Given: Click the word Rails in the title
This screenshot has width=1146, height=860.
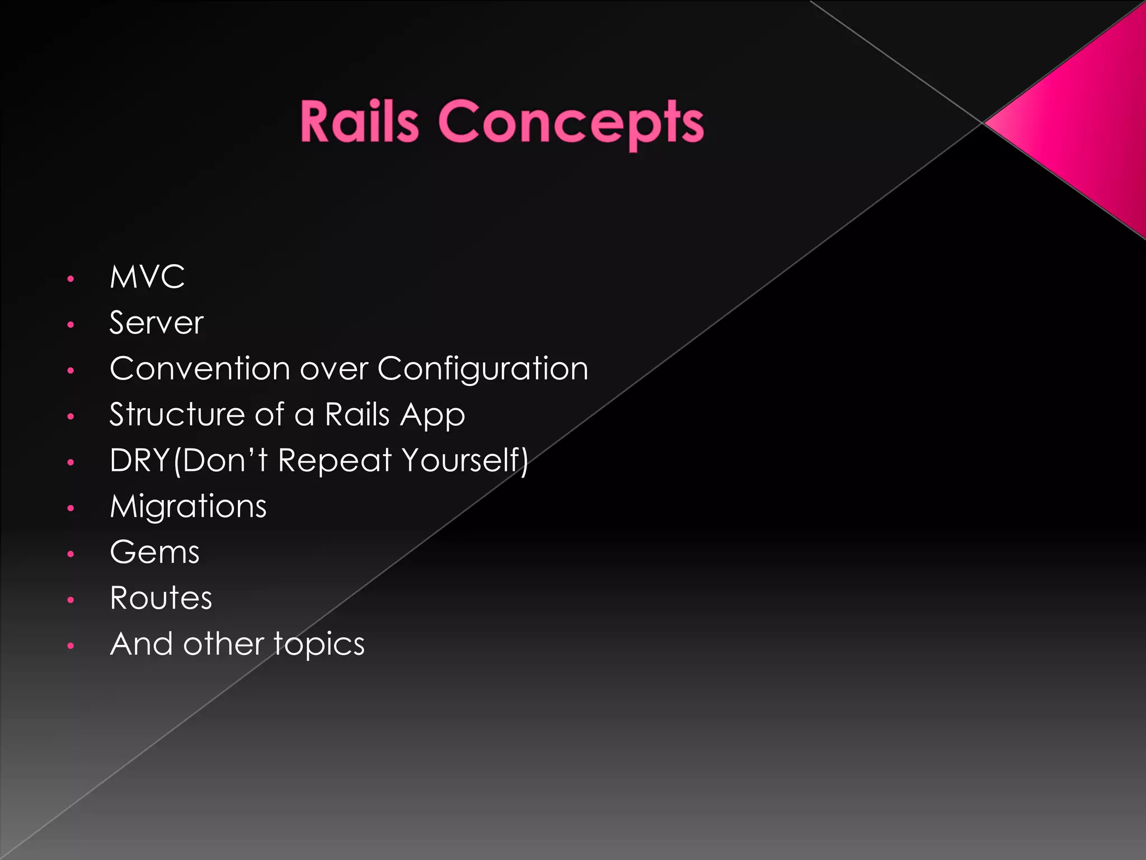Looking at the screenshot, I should [x=359, y=121].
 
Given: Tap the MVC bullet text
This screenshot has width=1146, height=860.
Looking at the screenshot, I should [x=147, y=277].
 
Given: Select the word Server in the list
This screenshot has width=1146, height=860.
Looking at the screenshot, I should [x=156, y=323].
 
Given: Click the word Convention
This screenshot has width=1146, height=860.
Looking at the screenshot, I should [x=200, y=369].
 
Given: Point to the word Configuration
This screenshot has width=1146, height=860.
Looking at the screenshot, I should [x=483, y=370].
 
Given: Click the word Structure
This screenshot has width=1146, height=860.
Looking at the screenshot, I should [x=177, y=415].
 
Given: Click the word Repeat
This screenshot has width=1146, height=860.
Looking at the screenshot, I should [x=335, y=461].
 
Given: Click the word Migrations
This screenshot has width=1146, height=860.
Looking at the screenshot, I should [x=188, y=507].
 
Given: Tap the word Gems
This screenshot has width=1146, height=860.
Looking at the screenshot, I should [x=154, y=553].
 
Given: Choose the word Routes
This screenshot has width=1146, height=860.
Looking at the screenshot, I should [x=161, y=598].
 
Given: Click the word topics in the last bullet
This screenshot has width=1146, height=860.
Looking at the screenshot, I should [x=319, y=645].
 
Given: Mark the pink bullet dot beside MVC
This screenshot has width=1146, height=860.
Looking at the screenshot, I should [x=71, y=279].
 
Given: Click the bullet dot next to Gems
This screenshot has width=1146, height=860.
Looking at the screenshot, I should [x=71, y=554].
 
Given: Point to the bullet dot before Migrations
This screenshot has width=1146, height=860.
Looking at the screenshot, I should [x=71, y=508].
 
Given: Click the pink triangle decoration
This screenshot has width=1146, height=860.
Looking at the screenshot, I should [x=1086, y=120].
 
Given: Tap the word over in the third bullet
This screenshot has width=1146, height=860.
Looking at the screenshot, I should [x=334, y=370].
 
